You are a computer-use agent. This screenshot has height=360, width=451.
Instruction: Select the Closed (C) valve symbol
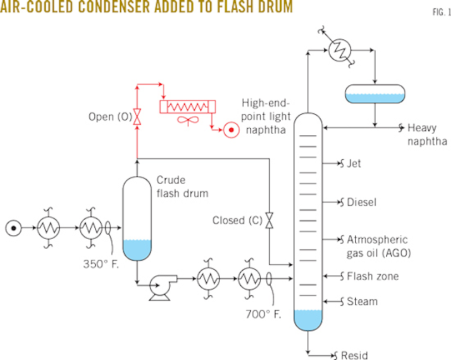(269, 221)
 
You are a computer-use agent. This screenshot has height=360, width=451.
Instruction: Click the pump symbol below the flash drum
(155, 286)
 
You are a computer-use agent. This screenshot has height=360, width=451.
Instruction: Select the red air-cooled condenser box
(187, 106)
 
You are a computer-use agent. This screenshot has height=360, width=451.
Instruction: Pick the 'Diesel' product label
(362, 202)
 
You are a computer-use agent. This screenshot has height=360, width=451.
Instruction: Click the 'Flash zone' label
(373, 276)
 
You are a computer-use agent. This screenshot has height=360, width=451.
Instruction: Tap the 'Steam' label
(362, 302)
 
